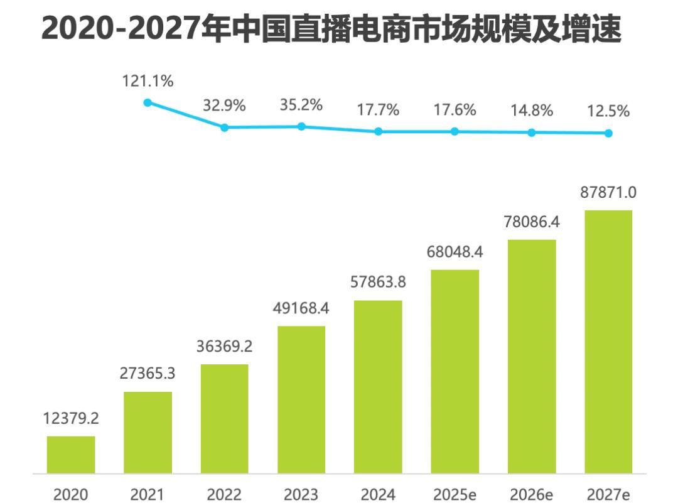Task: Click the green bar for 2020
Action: pyautogui.click(x=71, y=455)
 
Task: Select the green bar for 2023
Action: pyautogui.click(x=301, y=399)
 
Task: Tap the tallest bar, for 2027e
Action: pyautogui.click(x=608, y=342)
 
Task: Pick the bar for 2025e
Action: pyautogui.click(x=455, y=371)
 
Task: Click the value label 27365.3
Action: pyautogui.click(x=148, y=374)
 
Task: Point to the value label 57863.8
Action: pyautogui.click(x=378, y=282)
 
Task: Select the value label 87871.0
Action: pyautogui.click(x=608, y=192)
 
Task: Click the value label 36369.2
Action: pyautogui.click(x=224, y=346)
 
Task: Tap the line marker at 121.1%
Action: pyautogui.click(x=148, y=102)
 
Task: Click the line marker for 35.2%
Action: pyautogui.click(x=301, y=126)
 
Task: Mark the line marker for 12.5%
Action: pyautogui.click(x=608, y=133)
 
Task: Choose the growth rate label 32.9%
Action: pyautogui.click(x=224, y=105)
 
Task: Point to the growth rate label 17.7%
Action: pyautogui.click(x=378, y=110)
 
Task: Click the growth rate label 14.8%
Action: pyautogui.click(x=532, y=111)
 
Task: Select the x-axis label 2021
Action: pyautogui.click(x=148, y=494)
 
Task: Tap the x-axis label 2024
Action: pyautogui.click(x=378, y=494)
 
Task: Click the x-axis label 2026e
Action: pyautogui.click(x=532, y=494)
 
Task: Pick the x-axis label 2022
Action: pyautogui.click(x=224, y=494)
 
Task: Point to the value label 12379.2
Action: pyautogui.click(x=71, y=418)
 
